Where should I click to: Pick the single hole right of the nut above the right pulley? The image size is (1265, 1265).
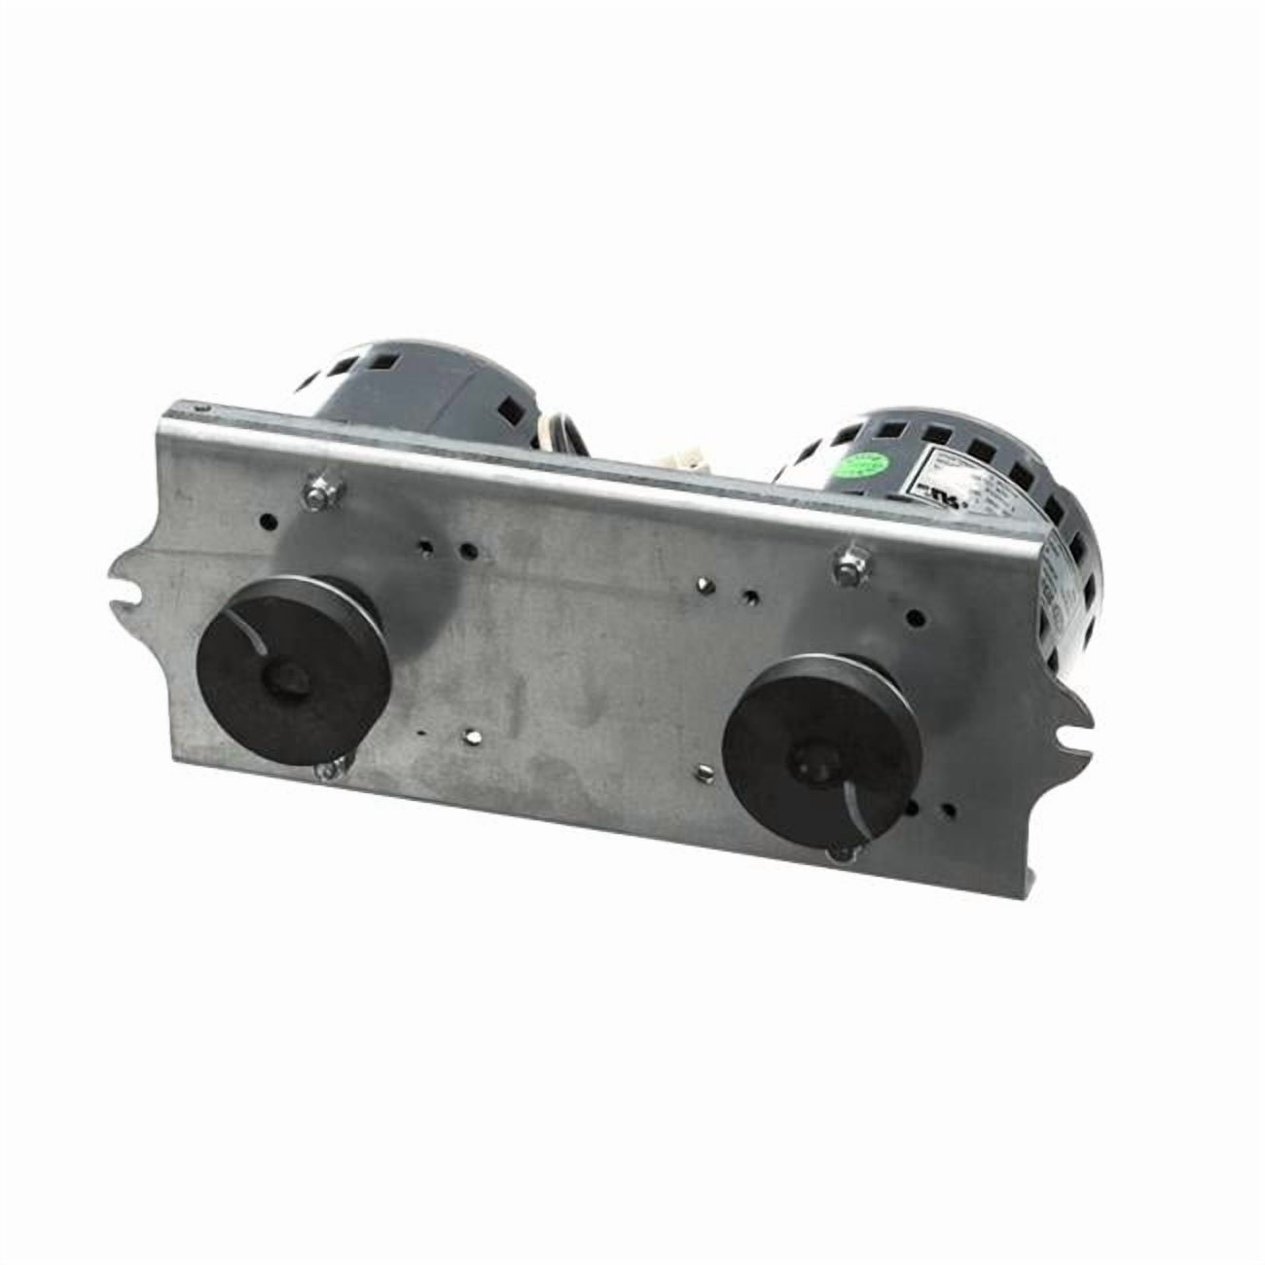pos(914,616)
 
